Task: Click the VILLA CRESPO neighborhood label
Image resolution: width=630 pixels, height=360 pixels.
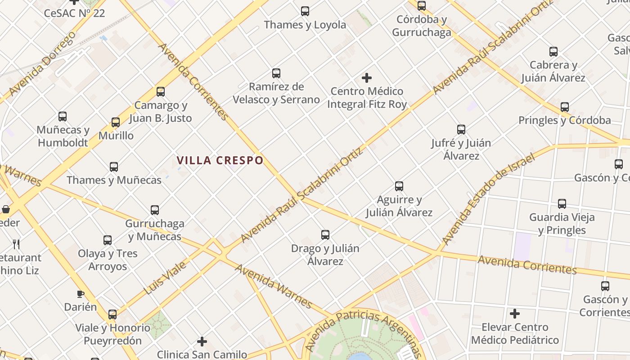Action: [x=220, y=160]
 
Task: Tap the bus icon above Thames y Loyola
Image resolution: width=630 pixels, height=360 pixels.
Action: [x=305, y=11]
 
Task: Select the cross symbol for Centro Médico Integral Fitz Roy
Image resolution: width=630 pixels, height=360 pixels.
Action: [x=367, y=78]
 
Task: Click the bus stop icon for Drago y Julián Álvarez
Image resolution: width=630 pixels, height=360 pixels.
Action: [x=325, y=234]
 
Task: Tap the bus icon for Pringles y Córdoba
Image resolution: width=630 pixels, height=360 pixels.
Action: [x=565, y=107]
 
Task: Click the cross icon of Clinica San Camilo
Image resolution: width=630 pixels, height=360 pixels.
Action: [x=202, y=342]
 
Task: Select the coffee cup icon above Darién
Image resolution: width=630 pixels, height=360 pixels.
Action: [x=81, y=294]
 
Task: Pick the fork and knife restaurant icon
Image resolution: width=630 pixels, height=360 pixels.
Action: [x=17, y=244]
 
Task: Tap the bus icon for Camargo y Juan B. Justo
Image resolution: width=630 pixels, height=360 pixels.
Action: [x=161, y=92]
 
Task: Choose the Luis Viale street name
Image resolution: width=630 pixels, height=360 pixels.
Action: [x=165, y=278]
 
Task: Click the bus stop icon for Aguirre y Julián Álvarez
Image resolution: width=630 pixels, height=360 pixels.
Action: [x=399, y=186]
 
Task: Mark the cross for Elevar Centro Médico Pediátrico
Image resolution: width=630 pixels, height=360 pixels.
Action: [x=515, y=314]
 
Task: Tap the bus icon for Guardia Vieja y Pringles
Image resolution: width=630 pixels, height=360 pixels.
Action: [x=562, y=204]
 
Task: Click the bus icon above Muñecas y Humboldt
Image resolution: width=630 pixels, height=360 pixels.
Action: [x=63, y=117]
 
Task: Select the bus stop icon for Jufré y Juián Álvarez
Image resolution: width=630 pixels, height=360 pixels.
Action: [x=461, y=130]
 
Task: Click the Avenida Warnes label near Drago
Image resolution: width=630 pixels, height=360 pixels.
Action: [x=274, y=286]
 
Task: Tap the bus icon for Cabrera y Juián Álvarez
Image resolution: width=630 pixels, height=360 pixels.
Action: [x=553, y=52]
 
